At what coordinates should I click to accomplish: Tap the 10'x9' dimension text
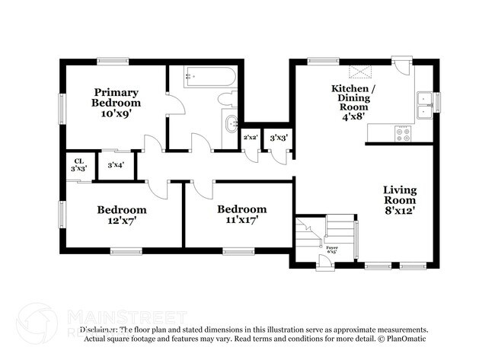tap(116, 113)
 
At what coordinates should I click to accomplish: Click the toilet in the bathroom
tap(227, 98)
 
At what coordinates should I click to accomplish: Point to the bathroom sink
tap(230, 124)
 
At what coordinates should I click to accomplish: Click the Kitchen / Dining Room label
tap(353, 98)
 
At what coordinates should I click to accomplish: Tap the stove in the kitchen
tap(402, 134)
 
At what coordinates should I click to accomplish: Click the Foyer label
tap(331, 247)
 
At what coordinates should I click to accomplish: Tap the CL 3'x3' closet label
tap(78, 164)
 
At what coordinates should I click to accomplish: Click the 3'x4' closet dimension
tap(116, 164)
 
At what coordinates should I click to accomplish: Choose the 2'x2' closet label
tap(250, 138)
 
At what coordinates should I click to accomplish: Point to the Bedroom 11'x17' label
tap(241, 215)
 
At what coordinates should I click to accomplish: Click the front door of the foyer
tap(325, 263)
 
